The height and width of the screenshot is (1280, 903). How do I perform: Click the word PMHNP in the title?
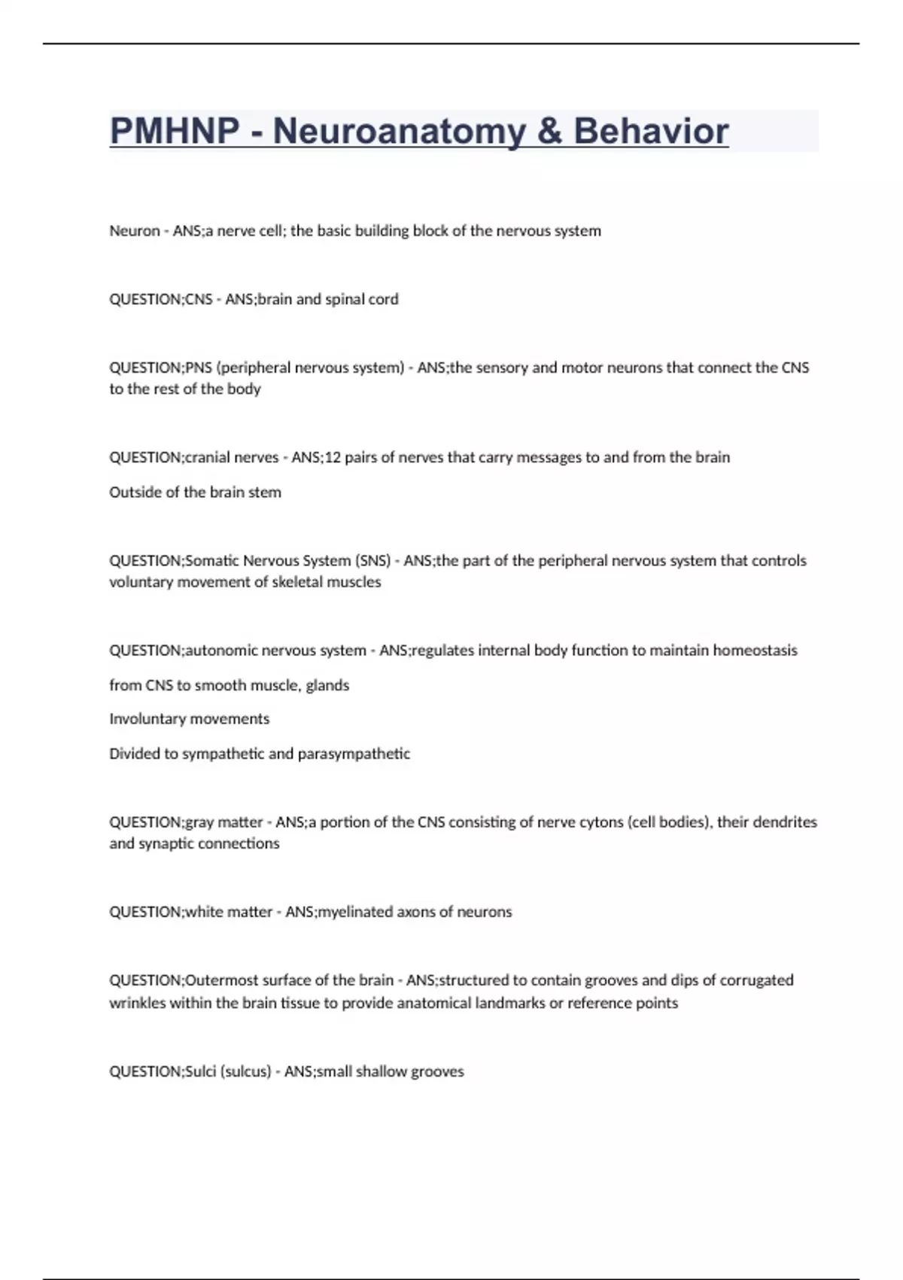(x=175, y=131)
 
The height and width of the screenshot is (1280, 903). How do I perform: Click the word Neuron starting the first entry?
(x=134, y=231)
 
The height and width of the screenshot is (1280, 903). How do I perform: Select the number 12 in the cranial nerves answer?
(x=332, y=458)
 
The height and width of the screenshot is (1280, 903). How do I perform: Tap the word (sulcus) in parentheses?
(x=245, y=1071)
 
